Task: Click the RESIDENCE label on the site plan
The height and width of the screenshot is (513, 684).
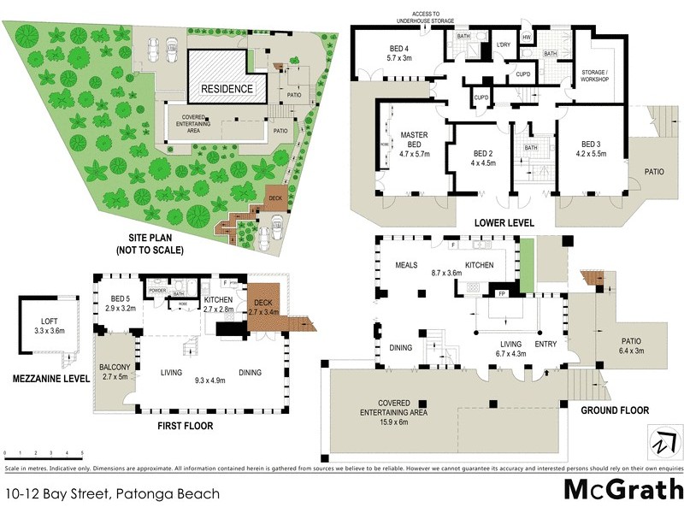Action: coord(227,89)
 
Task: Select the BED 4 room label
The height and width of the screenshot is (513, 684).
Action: coord(400,52)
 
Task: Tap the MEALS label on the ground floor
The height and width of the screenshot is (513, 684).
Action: coord(405,265)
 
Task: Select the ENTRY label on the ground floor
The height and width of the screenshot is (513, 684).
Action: coord(545,345)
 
